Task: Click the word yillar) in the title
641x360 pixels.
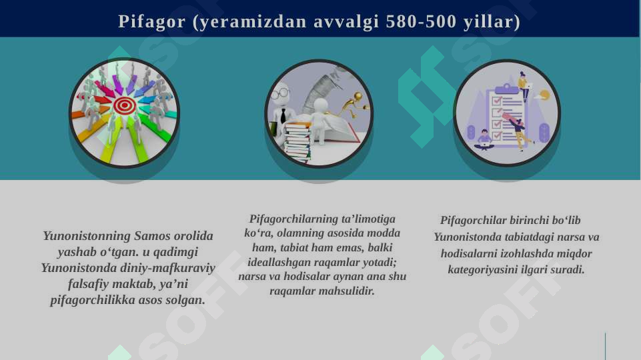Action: [x=493, y=21]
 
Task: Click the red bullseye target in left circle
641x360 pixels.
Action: [x=125, y=105]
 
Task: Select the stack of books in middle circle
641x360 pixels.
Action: [x=297, y=141]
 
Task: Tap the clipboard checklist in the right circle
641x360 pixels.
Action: [x=506, y=113]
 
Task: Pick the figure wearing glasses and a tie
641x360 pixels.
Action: [x=283, y=107]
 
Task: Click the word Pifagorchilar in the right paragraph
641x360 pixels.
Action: [x=473, y=221]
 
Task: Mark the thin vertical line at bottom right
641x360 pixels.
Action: [x=605, y=346]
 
